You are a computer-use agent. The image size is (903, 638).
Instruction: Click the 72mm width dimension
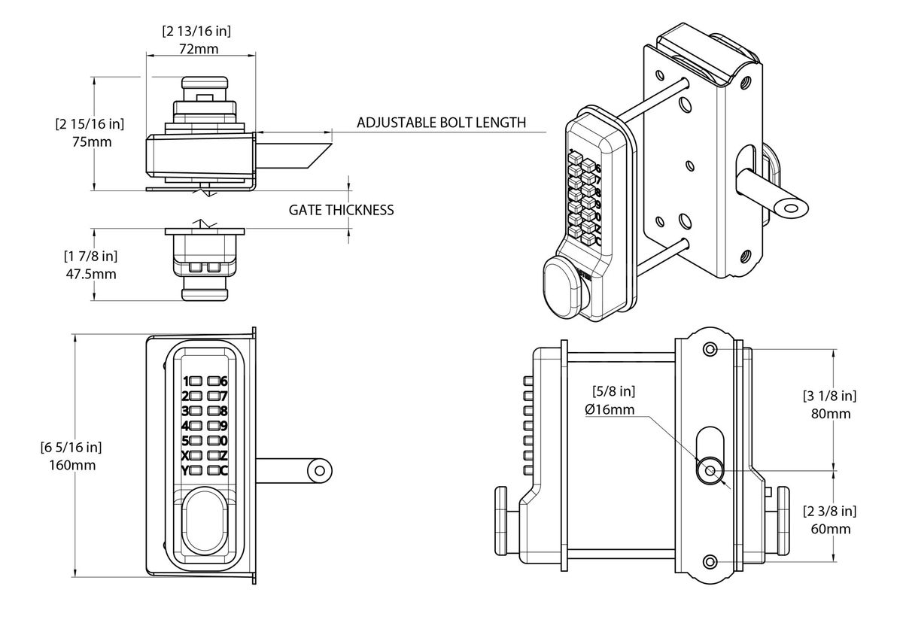coord(199,48)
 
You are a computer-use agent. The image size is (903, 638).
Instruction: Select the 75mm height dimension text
coord(90,141)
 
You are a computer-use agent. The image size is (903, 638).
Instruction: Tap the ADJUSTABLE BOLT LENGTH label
coord(441,123)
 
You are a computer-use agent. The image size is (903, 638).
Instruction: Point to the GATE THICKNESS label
coord(341,210)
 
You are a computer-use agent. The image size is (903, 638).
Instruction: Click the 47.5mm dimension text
coord(90,274)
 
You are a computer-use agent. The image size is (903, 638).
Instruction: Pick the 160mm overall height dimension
coord(71,465)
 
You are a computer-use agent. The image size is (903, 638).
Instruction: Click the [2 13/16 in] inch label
coord(196,31)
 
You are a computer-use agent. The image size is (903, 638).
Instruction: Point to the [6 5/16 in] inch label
coord(71,448)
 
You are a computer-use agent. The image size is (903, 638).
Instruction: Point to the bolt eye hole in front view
coord(319,470)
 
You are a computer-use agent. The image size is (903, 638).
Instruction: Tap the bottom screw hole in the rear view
coord(709,560)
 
